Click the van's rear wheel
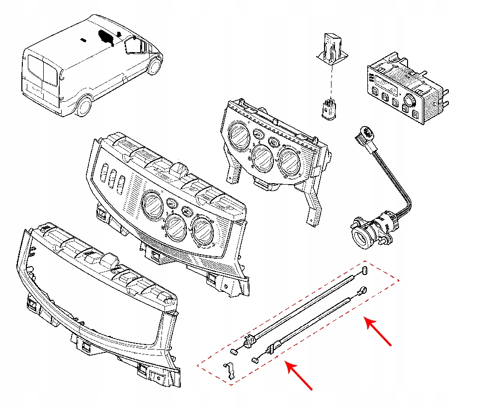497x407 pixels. [83, 106]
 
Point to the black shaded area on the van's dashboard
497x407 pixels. [106, 37]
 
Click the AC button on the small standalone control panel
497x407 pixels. [273, 142]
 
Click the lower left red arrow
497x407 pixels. [299, 375]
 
